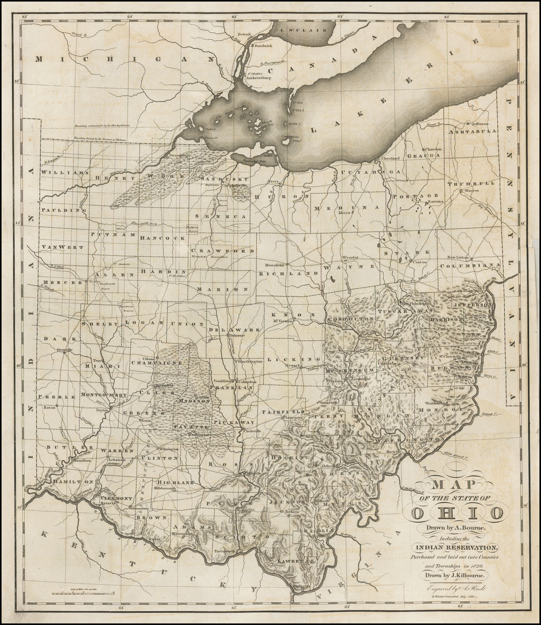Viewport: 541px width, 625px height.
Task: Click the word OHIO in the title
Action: tap(458, 512)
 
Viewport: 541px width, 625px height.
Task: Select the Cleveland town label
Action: tap(390, 157)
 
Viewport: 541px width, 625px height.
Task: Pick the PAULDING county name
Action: tap(63, 210)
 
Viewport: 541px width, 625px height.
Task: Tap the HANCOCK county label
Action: tap(162, 238)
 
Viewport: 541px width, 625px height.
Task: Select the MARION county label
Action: tap(222, 290)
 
